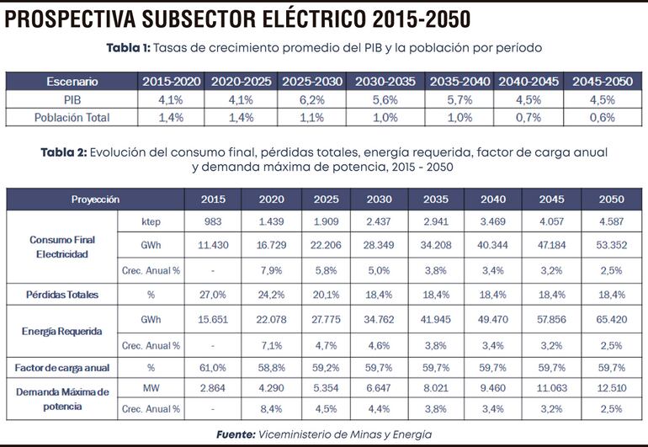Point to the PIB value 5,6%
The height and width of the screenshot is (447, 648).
(385, 99)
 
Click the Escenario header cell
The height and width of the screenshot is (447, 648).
(72, 82)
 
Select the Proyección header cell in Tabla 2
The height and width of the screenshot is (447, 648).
(95, 200)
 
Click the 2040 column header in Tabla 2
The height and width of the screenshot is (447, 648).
(493, 200)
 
